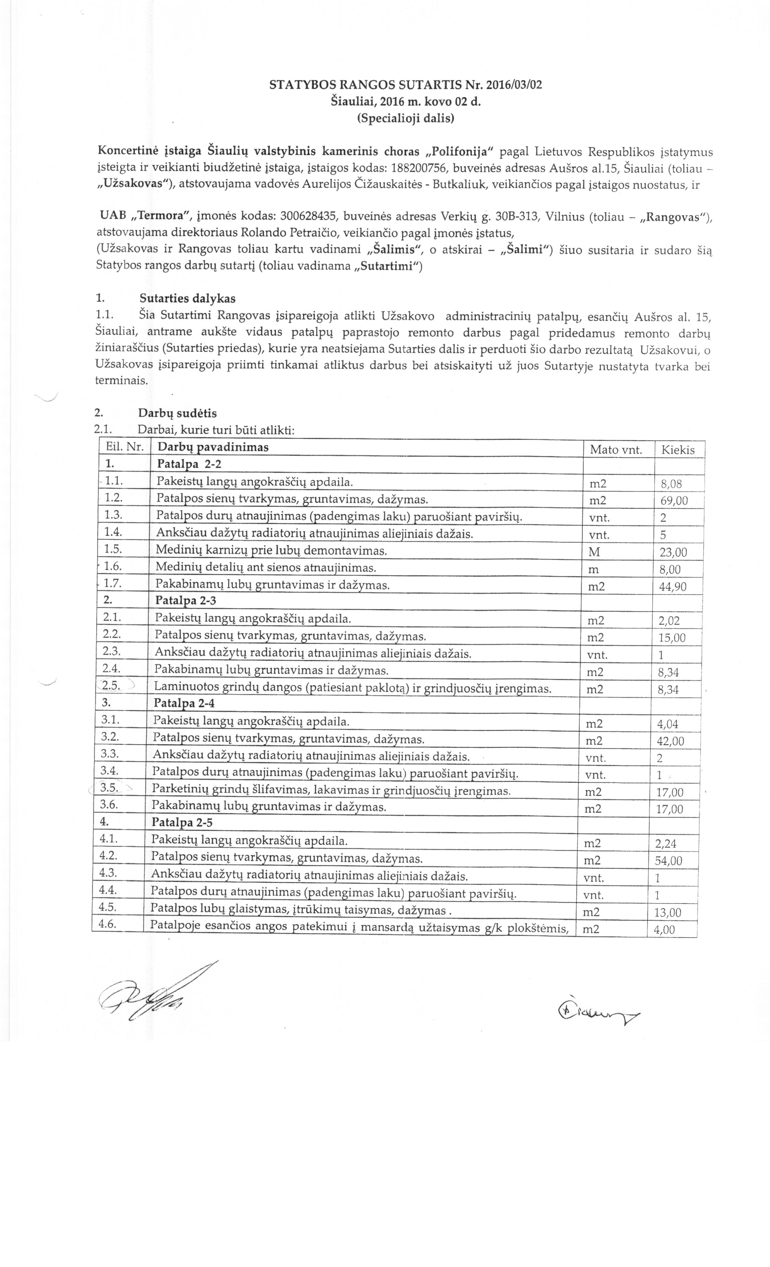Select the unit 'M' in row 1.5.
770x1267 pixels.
593,553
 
